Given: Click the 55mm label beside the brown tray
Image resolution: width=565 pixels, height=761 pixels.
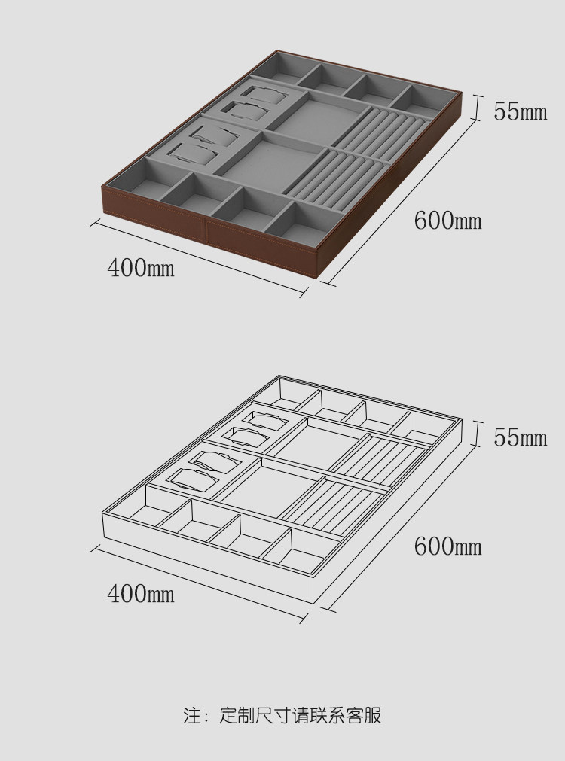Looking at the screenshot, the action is pos(520,111).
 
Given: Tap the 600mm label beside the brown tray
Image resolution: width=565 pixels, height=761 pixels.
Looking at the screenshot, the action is pos(447,221).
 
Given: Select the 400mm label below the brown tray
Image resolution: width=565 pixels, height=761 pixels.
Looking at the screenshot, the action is pos(140,267).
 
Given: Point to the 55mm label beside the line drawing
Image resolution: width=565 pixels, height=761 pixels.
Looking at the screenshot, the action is pos(520,437).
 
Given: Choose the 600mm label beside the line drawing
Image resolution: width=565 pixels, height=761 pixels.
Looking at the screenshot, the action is pos(447,546).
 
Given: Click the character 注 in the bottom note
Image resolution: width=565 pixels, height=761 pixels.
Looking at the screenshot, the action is pos(191,715).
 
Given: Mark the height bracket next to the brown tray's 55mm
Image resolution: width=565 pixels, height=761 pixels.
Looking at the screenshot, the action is pos(476,108).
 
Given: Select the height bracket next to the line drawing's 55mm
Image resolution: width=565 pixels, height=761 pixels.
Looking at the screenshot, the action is pos(476,433).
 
